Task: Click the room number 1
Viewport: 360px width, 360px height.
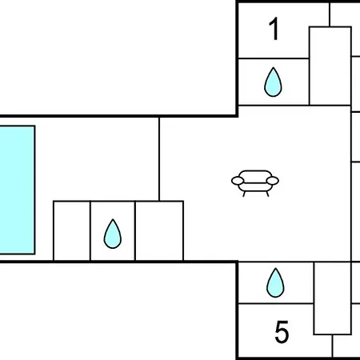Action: pyautogui.click(x=274, y=29)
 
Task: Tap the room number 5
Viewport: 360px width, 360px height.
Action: pyautogui.click(x=282, y=332)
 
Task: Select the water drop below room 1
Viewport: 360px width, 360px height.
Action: pyautogui.click(x=273, y=82)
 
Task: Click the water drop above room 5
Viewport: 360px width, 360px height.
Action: pyautogui.click(x=275, y=282)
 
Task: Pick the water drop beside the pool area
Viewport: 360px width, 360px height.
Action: pyautogui.click(x=113, y=234)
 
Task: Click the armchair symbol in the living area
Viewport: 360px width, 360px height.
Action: pyautogui.click(x=255, y=183)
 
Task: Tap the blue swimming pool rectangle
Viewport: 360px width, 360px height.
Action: pyautogui.click(x=17, y=190)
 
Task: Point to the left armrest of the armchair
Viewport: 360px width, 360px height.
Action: pyautogui.click(x=238, y=181)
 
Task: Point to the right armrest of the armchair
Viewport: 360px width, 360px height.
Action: pyautogui.click(x=272, y=181)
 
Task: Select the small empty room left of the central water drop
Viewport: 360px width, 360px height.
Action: pyautogui.click(x=72, y=230)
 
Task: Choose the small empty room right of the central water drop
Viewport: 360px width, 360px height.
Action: pyautogui.click(x=159, y=230)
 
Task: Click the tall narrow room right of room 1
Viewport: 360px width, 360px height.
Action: pyautogui.click(x=330, y=66)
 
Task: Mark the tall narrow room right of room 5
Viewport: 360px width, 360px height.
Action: pyautogui.click(x=333, y=298)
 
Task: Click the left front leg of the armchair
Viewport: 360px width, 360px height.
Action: pyautogui.click(x=244, y=194)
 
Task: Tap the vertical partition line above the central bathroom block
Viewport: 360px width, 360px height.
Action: pyautogui.click(x=159, y=159)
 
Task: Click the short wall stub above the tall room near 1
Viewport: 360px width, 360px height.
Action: pyautogui.click(x=330, y=14)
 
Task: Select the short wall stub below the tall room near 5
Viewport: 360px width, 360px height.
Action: pyautogui.click(x=333, y=346)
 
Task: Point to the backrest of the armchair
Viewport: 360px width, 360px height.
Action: pyautogui.click(x=255, y=174)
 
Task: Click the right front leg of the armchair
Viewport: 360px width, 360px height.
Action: pyautogui.click(x=267, y=194)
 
